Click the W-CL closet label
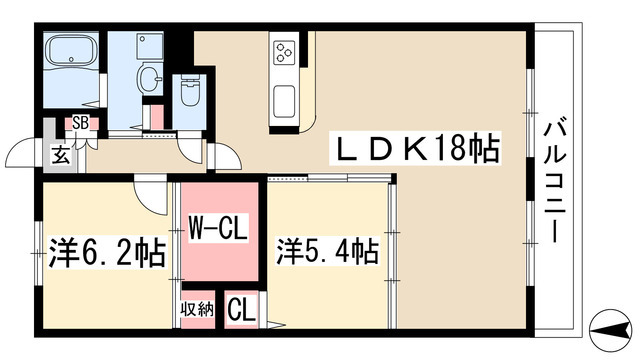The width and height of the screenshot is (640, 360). (219, 230)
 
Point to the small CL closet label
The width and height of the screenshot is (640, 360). (240, 308)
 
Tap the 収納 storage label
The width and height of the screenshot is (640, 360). (197, 308)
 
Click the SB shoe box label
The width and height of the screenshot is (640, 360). (78, 124)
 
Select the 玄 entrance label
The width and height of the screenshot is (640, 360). (62, 154)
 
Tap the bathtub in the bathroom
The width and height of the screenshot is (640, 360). (70, 52)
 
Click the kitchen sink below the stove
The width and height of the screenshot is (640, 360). (283, 98)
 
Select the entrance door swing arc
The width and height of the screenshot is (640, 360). (25, 152)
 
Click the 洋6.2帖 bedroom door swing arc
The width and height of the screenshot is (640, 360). (152, 195)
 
